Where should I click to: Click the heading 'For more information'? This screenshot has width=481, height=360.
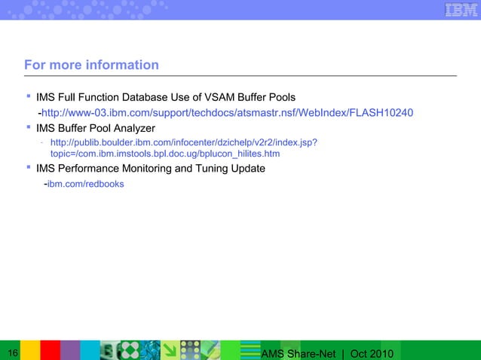click(x=91, y=65)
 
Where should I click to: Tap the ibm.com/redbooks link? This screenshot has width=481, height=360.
click(x=86, y=184)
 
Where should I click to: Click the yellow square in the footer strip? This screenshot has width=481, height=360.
click(x=30, y=350)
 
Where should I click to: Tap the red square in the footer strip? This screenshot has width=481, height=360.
click(x=50, y=350)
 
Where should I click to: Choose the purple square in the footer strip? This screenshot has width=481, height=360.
click(x=69, y=350)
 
